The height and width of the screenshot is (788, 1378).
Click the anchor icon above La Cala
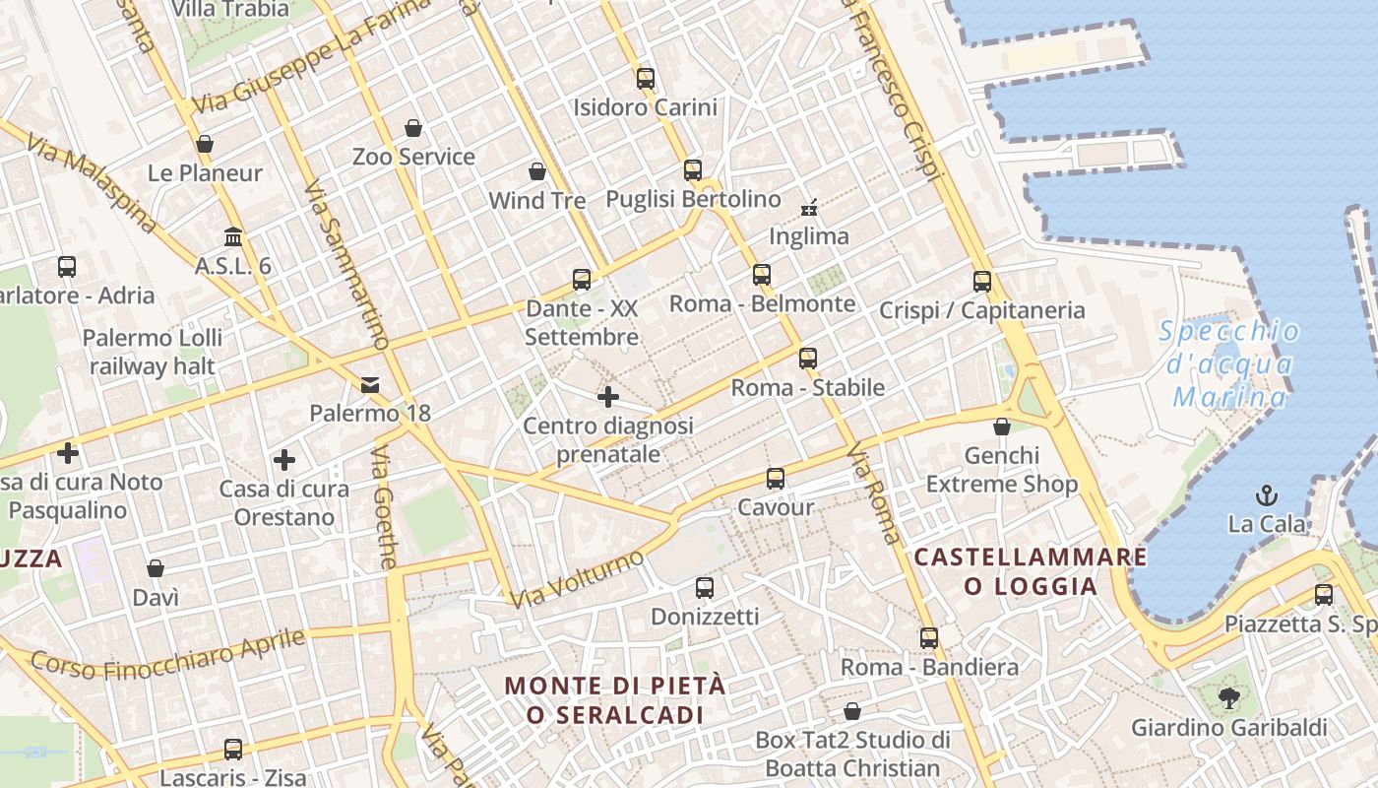click(x=1267, y=494)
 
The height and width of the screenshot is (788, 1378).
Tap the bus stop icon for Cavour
click(x=776, y=479)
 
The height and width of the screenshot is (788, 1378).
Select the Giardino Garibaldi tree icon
click(x=1228, y=698)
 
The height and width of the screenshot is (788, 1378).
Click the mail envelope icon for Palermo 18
click(x=370, y=384)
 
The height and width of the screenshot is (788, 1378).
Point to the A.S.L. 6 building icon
click(x=233, y=237)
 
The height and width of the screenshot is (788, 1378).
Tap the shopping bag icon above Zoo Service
click(x=413, y=128)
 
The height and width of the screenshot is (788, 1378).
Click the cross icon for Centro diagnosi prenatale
click(x=608, y=397)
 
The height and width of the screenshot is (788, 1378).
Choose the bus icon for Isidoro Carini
click(x=646, y=79)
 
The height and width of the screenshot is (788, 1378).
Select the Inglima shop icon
click(x=809, y=208)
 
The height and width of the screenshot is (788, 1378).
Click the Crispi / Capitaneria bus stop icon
click(x=981, y=282)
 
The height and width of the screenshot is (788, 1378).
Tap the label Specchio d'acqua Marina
click(x=1230, y=364)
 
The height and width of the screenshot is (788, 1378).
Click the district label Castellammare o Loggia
click(x=1031, y=571)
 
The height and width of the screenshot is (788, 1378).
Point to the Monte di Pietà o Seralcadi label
click(x=616, y=699)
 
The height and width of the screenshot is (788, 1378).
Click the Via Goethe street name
click(x=385, y=506)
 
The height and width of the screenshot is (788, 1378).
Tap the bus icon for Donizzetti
click(x=705, y=588)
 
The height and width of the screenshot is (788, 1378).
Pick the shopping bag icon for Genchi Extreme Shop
click(x=1001, y=427)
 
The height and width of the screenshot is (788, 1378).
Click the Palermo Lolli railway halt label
click(x=153, y=352)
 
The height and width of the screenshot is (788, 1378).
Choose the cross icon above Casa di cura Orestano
click(x=284, y=460)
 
